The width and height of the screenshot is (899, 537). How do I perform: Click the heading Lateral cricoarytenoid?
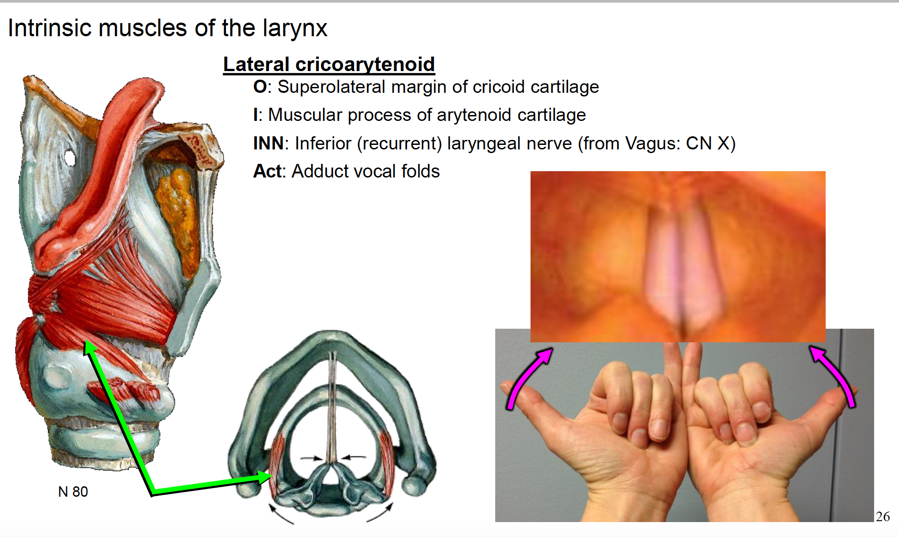329,64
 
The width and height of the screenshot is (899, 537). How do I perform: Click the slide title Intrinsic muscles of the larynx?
167,28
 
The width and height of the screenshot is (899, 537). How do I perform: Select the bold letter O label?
260,86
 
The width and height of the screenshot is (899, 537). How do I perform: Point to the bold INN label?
268,143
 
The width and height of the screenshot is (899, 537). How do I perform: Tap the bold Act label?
268,171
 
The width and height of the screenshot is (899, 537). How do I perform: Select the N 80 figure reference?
73,492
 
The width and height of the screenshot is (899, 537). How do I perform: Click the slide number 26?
883,517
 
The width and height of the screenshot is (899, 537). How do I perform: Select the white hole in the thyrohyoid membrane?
70,158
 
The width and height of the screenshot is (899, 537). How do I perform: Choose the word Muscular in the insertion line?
305,115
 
